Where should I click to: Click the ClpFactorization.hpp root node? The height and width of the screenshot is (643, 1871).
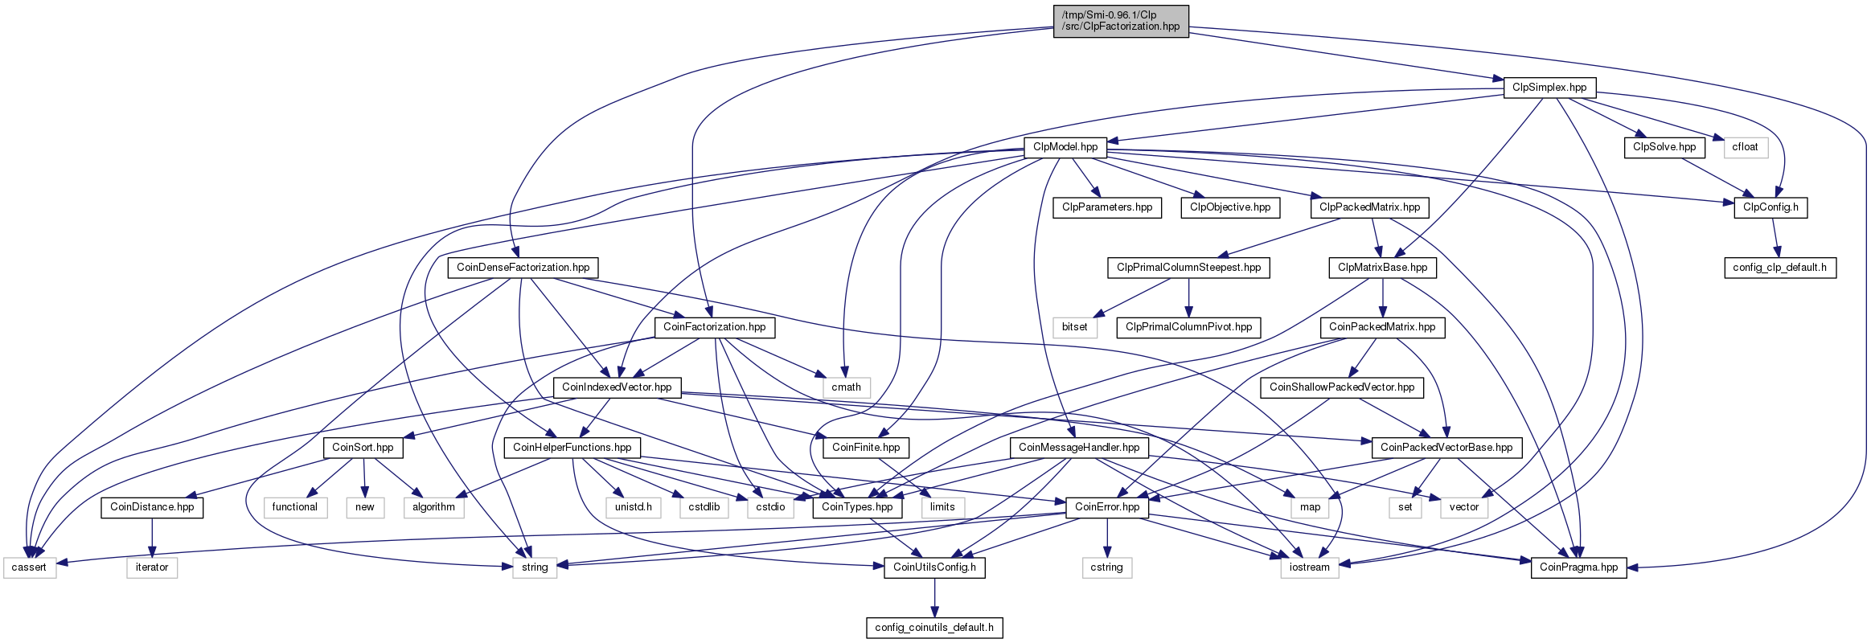click(1121, 21)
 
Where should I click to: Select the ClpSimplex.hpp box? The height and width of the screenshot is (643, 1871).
click(1549, 87)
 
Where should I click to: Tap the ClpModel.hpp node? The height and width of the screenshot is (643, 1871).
click(1065, 147)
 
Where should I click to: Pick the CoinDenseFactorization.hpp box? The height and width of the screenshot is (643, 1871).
click(523, 268)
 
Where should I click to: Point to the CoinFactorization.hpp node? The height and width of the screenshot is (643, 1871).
click(714, 327)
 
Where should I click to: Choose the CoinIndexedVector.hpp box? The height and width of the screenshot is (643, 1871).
click(617, 387)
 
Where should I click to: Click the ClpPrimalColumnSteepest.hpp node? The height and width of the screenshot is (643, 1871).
click(1188, 268)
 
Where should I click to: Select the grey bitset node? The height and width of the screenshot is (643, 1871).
click(1074, 327)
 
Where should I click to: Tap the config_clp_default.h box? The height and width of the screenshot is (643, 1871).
click(1779, 268)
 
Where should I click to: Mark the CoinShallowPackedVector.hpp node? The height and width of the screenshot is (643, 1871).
click(1342, 387)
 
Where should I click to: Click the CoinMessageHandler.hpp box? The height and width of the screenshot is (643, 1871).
click(1079, 448)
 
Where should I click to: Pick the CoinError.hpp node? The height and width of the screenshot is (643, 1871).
click(1107, 507)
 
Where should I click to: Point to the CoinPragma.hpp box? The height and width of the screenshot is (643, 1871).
click(1578, 567)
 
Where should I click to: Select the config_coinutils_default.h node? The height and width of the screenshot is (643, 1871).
click(934, 628)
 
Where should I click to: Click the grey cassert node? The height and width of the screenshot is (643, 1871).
click(29, 567)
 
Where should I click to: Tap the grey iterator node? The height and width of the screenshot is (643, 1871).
click(152, 567)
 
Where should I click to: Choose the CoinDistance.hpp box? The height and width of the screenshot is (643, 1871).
click(152, 507)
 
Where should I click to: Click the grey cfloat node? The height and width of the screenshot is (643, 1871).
click(1745, 147)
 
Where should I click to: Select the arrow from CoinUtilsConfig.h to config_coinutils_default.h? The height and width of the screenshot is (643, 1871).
click(934, 597)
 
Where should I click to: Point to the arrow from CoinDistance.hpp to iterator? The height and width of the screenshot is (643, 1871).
click(152, 537)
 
